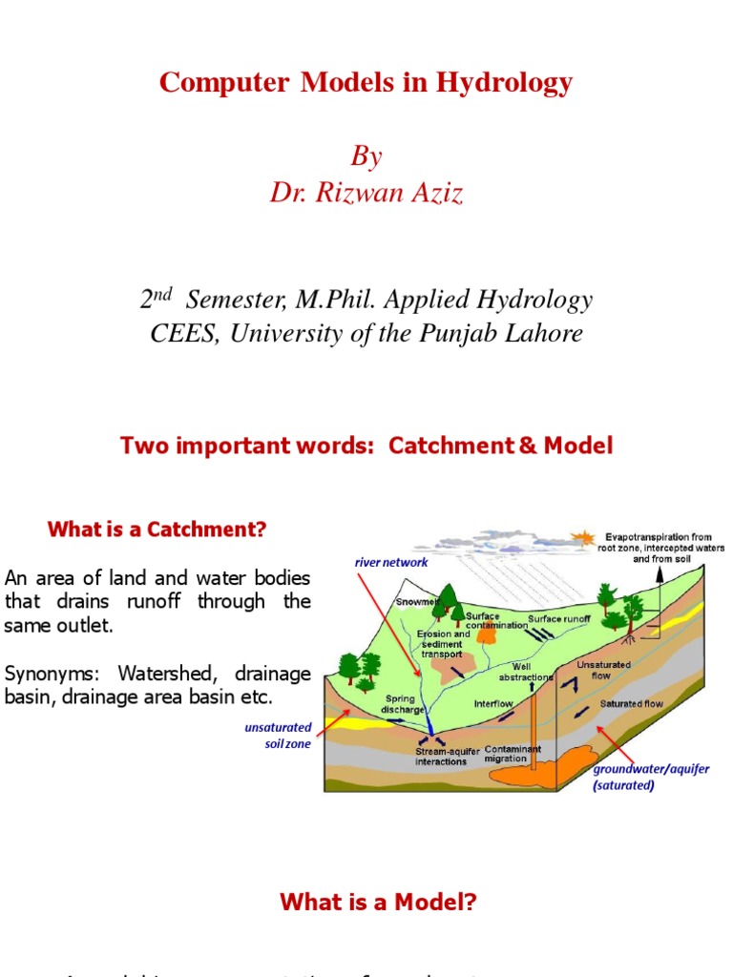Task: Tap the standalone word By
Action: (366, 156)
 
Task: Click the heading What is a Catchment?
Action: (157, 530)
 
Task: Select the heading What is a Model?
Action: (377, 902)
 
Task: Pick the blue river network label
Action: (391, 563)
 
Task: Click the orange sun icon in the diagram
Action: (577, 537)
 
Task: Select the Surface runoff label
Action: (559, 619)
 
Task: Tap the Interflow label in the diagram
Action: (494, 703)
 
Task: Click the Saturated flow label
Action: (631, 704)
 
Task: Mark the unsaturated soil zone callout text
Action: (278, 736)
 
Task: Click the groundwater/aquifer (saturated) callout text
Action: (651, 778)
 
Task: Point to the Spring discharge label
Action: (400, 705)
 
